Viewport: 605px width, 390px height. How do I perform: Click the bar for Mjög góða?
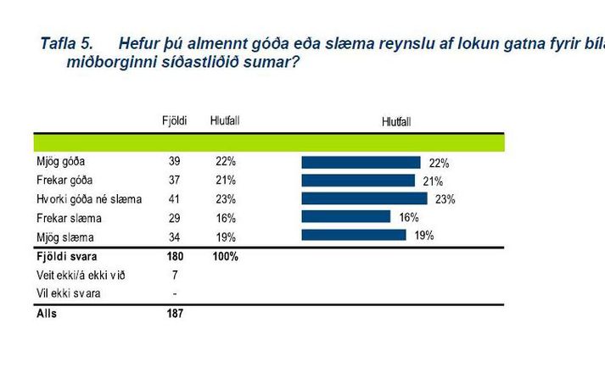(x=361, y=162)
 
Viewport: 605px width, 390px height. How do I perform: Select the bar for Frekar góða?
(x=358, y=180)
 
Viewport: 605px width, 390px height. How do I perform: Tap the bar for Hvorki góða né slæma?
(x=364, y=198)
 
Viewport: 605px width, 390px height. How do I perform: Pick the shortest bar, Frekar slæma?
(x=345, y=217)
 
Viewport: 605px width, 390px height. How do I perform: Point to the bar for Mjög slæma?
(x=354, y=235)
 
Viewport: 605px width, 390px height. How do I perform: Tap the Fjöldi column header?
(x=174, y=121)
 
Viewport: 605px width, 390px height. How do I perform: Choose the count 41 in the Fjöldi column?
(x=176, y=198)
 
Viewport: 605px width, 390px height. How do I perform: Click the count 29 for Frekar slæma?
(x=176, y=217)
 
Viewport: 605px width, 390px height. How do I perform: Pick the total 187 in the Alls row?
(x=175, y=313)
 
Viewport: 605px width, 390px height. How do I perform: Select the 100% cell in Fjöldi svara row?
(x=225, y=256)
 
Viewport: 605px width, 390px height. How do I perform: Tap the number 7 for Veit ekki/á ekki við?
(x=176, y=275)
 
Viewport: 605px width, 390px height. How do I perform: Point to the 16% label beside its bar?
(x=408, y=217)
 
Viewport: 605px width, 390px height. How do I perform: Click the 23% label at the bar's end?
(x=445, y=200)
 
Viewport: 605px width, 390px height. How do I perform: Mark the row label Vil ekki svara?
(x=62, y=293)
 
